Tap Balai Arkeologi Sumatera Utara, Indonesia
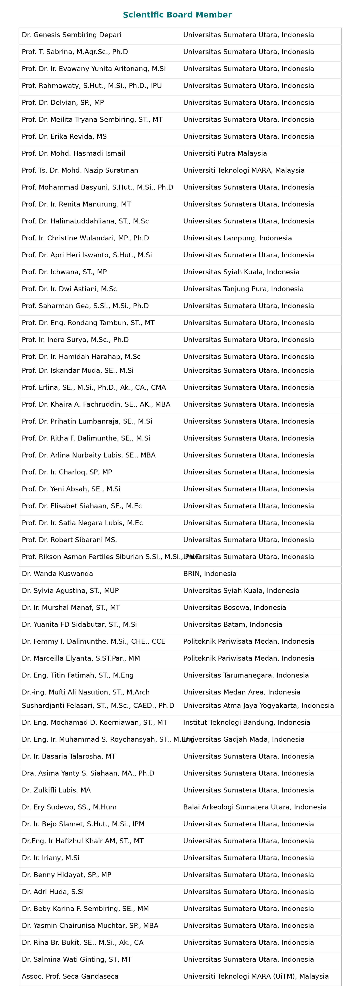pos(254,807)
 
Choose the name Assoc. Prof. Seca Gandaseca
pos(70,976)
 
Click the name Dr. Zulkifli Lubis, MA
pos(56,790)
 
